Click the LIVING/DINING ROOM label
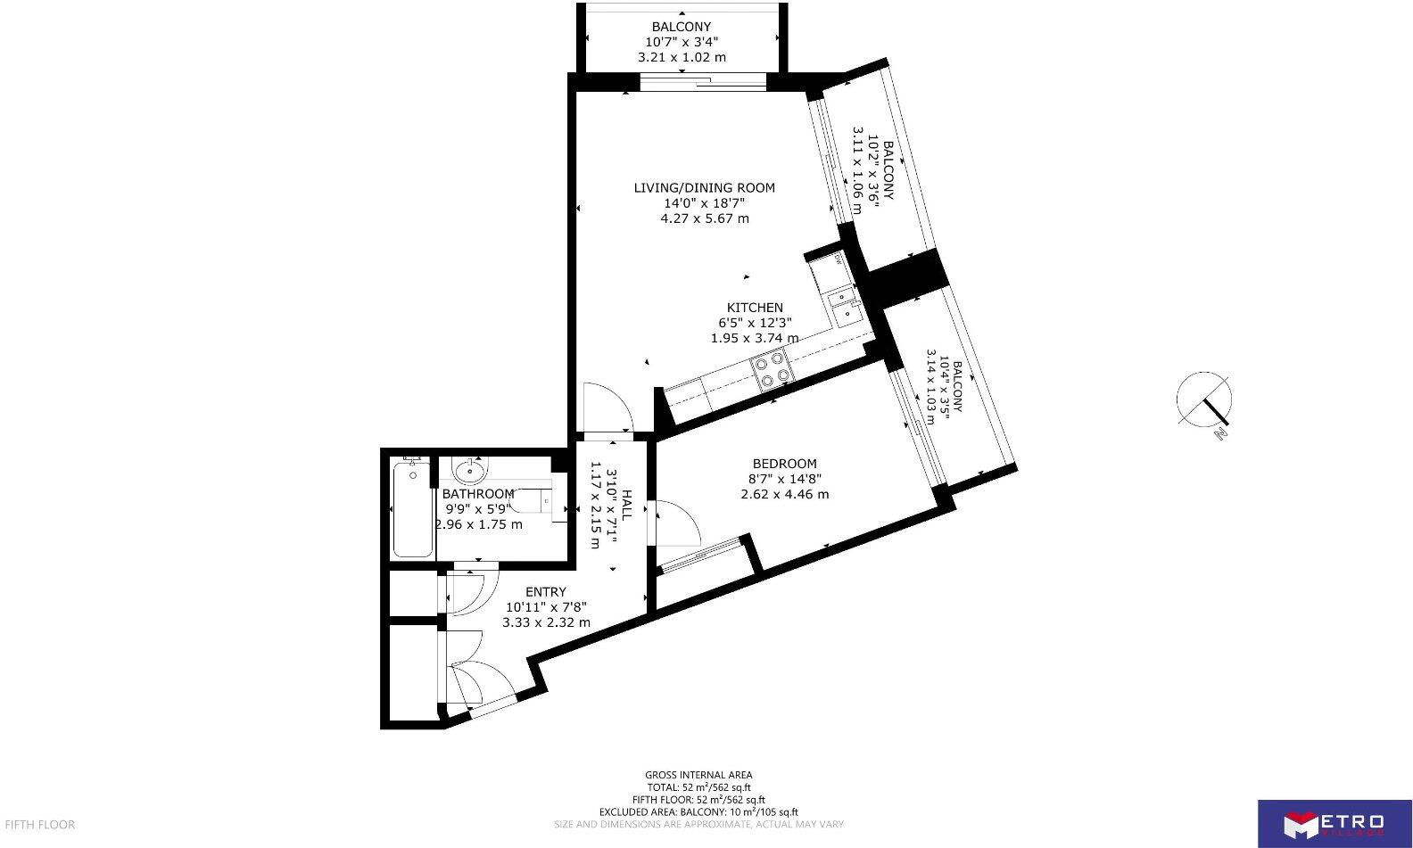[x=704, y=188]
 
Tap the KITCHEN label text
[x=754, y=308]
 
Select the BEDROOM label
[x=784, y=464]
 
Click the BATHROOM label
[x=478, y=494]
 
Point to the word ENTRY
[x=545, y=592]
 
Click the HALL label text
[x=627, y=505]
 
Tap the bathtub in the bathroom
[x=412, y=510]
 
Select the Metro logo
[x=1334, y=823]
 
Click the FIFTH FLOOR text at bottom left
[x=39, y=825]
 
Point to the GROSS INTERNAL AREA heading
[x=698, y=775]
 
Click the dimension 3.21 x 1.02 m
[x=682, y=57]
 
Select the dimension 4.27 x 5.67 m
[x=704, y=218]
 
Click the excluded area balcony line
[x=698, y=812]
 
